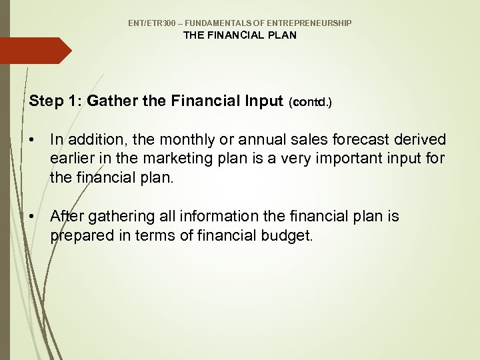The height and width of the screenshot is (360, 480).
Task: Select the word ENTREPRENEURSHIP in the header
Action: pos(313,23)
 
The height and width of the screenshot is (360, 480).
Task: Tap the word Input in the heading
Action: pos(265,101)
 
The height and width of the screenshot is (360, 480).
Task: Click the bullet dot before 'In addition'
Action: pos(33,140)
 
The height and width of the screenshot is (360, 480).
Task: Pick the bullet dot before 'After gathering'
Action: pos(33,217)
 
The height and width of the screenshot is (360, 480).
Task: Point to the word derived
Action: pos(421,140)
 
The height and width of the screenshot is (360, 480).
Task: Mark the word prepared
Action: pos(82,235)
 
